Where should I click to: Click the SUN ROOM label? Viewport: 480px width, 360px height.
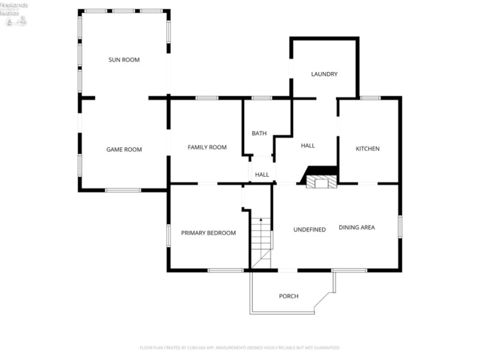(x=124, y=60)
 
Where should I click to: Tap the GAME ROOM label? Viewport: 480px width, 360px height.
(x=124, y=150)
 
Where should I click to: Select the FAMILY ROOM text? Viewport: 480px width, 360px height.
(x=207, y=147)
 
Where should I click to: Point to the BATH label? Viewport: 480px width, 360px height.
(x=259, y=134)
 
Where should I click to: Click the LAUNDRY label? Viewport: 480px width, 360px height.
(x=324, y=74)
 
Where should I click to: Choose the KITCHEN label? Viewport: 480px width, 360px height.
(x=368, y=148)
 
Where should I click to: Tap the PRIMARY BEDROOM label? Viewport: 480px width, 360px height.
(x=208, y=233)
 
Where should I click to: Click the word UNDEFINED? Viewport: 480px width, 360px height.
(x=310, y=230)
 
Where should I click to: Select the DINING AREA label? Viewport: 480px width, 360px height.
(x=357, y=227)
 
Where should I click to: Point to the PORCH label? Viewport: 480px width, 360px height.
(x=289, y=296)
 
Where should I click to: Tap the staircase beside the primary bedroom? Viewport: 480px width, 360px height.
(x=261, y=241)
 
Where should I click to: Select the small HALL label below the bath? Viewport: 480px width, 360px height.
(x=262, y=175)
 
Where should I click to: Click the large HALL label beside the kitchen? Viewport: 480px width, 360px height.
(x=308, y=146)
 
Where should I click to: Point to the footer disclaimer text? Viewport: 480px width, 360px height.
(x=240, y=348)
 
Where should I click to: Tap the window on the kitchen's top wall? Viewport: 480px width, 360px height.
(x=369, y=98)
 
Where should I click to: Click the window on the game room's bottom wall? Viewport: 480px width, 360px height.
(x=123, y=190)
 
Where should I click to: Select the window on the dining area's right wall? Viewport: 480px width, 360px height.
(x=400, y=226)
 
